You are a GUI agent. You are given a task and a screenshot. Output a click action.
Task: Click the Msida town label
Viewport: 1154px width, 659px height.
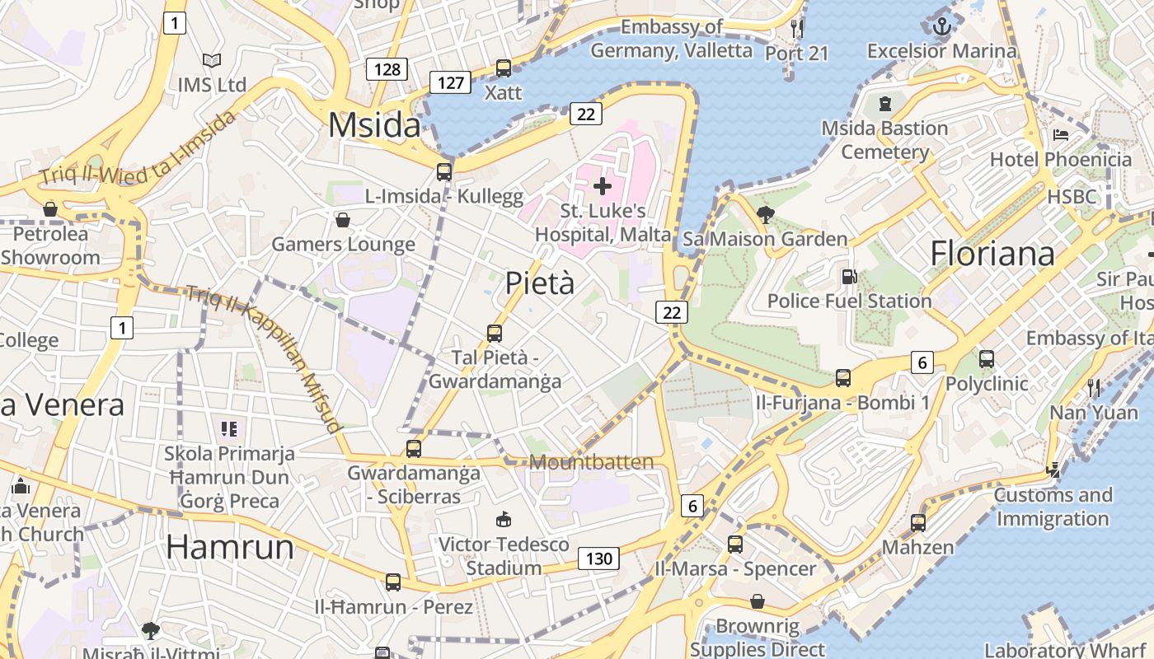coord(374,125)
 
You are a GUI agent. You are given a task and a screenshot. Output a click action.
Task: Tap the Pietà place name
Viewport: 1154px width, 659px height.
coord(539,283)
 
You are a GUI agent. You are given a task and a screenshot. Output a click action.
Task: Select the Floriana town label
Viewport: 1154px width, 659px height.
coord(992,254)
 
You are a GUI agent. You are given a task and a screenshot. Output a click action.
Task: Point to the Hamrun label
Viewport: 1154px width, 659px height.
coord(230,548)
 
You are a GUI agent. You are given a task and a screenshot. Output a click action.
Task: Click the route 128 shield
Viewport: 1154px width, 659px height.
coord(387,68)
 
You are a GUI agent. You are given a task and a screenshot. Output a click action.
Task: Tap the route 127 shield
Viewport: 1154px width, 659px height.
coord(450,82)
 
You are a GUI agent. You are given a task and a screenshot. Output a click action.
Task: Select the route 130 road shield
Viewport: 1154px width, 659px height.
coord(598,559)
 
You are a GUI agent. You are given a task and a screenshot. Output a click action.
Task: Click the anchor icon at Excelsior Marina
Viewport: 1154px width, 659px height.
coord(941,27)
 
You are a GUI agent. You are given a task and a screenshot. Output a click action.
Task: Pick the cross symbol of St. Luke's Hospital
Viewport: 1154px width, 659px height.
coord(603,186)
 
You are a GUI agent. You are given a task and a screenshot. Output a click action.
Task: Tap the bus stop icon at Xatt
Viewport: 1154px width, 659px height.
coord(503,68)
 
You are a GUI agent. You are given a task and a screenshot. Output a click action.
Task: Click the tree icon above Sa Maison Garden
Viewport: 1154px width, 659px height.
coord(765,215)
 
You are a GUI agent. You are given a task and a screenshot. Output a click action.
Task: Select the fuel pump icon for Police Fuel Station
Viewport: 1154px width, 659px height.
coord(848,278)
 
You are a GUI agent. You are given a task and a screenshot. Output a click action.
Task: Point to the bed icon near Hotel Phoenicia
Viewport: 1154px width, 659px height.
coord(1061,135)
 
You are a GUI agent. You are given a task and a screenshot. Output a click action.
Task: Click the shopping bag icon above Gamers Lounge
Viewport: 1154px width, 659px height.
coord(343,220)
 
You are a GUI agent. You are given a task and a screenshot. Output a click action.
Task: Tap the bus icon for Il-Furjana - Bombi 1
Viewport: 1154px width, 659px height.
coord(843,378)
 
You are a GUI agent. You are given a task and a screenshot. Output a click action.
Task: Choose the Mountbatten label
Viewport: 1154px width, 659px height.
coord(591,462)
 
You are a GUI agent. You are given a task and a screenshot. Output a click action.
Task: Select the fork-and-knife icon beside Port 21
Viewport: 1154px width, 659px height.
coord(796,28)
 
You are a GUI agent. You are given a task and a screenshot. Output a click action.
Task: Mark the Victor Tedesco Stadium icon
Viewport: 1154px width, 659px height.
coord(503,519)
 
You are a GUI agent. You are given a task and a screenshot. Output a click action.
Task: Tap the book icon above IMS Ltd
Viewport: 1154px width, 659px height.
coord(212,60)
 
